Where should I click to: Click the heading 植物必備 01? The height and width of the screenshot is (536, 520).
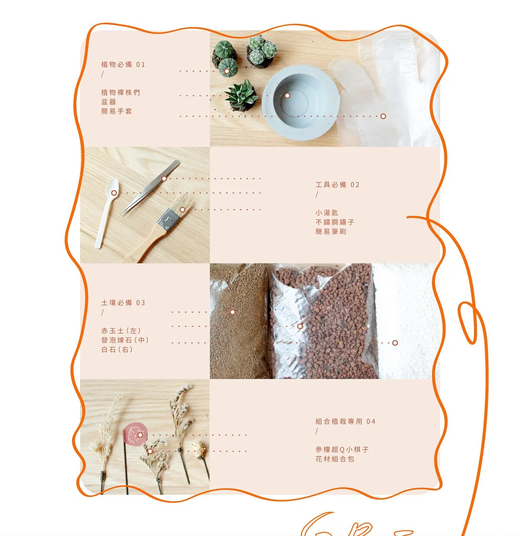click(x=123, y=65)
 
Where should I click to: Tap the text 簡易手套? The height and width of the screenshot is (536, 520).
click(x=117, y=111)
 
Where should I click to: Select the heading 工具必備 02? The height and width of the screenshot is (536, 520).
click(x=338, y=185)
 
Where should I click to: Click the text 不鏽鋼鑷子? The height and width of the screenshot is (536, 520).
click(x=335, y=222)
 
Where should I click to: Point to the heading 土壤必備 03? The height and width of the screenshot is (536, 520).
click(x=123, y=303)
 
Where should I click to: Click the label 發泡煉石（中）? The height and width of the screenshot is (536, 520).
click(x=125, y=340)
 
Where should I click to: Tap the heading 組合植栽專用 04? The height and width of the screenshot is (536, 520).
click(x=345, y=422)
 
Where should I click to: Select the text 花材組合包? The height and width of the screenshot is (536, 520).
click(x=335, y=459)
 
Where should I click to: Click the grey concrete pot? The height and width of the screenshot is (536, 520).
click(x=301, y=103)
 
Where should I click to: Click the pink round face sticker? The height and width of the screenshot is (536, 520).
click(x=134, y=434)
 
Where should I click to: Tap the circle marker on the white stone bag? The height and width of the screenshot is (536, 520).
click(x=395, y=343)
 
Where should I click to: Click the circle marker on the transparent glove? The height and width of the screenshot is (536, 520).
click(x=383, y=116)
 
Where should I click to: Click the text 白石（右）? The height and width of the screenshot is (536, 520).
click(x=117, y=350)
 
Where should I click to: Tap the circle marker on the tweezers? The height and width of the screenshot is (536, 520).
click(x=164, y=179)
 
